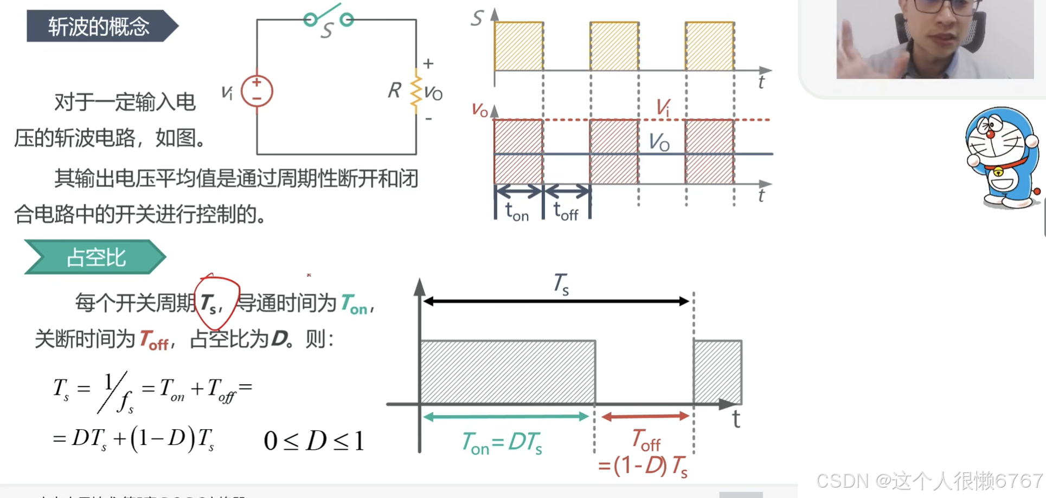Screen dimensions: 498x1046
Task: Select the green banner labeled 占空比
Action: click(x=96, y=257)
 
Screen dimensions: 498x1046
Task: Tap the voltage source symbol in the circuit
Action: click(x=256, y=90)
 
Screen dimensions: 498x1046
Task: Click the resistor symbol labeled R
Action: click(x=415, y=90)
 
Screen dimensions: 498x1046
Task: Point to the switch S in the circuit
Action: click(x=328, y=20)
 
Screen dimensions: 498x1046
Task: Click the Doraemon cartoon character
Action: click(x=1002, y=157)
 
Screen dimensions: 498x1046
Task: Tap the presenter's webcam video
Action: click(x=935, y=39)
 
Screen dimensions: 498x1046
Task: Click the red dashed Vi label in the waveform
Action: click(x=663, y=107)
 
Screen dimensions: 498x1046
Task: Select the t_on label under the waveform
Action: click(x=517, y=211)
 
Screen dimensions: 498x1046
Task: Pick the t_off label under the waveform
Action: click(x=566, y=211)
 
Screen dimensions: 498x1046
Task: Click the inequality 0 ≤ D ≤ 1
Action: click(x=313, y=441)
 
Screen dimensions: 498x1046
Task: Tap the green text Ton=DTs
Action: click(x=502, y=443)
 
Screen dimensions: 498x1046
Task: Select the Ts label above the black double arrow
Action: click(x=561, y=283)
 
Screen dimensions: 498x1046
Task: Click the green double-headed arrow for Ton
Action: click(x=505, y=417)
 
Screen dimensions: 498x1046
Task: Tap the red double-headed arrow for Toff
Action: click(x=645, y=417)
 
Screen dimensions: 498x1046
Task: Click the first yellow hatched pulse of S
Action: click(x=519, y=47)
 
